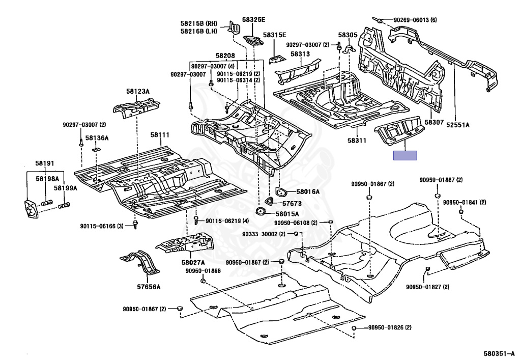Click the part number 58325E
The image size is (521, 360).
[253, 19]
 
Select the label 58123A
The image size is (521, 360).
[138, 91]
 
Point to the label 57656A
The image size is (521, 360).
[149, 287]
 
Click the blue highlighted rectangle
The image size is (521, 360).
[406, 155]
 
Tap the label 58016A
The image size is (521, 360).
[308, 191]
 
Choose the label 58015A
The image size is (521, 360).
[287, 214]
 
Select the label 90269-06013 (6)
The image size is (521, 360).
[415, 20]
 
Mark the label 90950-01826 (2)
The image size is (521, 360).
[390, 327]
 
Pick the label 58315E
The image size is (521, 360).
[274, 35]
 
